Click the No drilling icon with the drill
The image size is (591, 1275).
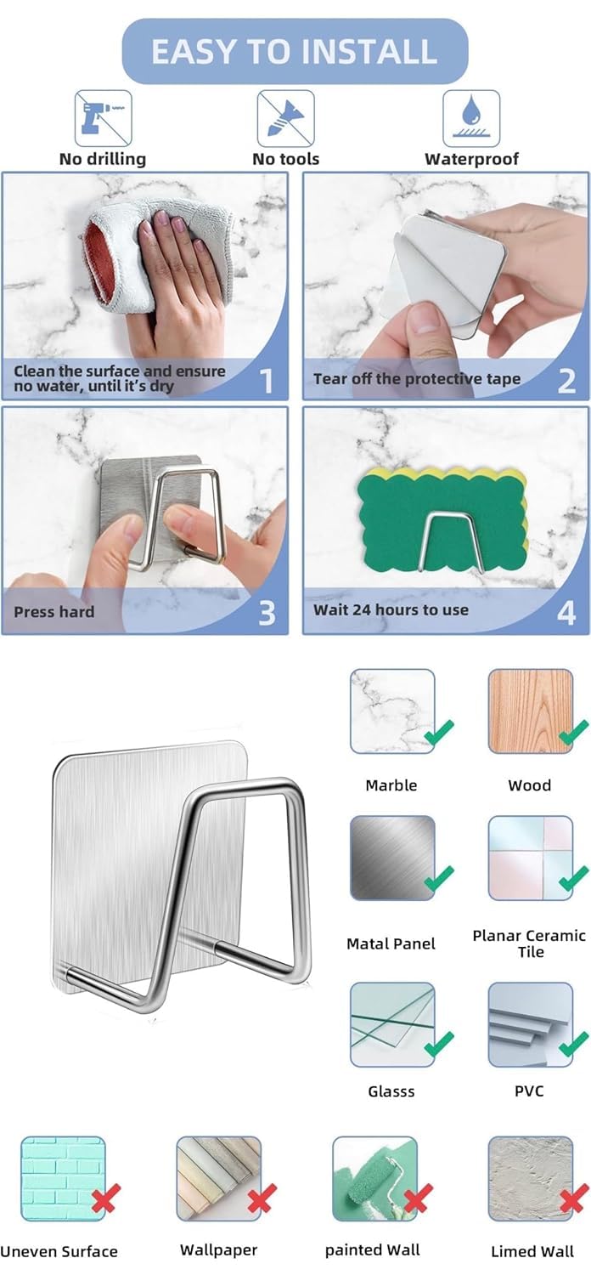[x=103, y=118]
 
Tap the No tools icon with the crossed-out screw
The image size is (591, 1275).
[x=285, y=118]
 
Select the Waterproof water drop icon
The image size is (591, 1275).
[x=471, y=118]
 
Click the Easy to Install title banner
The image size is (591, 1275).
[x=295, y=51]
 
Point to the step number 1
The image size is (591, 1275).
[x=266, y=381]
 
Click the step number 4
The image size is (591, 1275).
[x=566, y=614]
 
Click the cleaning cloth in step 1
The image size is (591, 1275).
[x=156, y=258]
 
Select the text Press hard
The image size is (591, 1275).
[x=54, y=612]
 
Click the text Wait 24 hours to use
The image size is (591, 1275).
[x=391, y=610]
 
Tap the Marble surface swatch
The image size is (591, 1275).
[x=392, y=711]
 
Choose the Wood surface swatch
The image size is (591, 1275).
[x=531, y=711]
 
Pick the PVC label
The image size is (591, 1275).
[x=529, y=1091]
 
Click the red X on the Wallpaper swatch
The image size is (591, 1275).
[x=262, y=1198]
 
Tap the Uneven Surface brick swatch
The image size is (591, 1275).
[x=63, y=1179]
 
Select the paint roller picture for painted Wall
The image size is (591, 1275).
[x=374, y=1179]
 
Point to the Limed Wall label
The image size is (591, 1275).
[x=532, y=1252]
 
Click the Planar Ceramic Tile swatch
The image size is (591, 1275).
[x=531, y=858]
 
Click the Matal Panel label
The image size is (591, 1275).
[x=391, y=943]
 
